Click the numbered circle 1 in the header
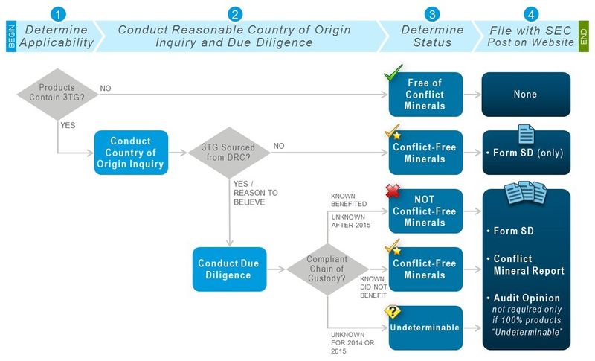click(x=58, y=14)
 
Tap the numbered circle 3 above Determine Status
click(x=432, y=14)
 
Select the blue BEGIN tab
click(x=11, y=36)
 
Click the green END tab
click(x=583, y=36)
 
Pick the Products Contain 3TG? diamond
click(x=57, y=94)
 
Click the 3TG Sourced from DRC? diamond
click(x=229, y=153)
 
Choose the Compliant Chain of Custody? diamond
click(x=327, y=269)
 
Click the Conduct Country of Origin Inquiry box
click(x=131, y=153)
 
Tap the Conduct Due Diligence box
click(x=229, y=269)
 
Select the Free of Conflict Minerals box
click(x=425, y=94)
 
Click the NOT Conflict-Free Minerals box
click(x=425, y=211)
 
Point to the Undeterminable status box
click(x=425, y=328)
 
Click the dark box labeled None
click(x=526, y=94)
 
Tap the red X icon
click(x=393, y=191)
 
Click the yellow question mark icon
click(x=393, y=312)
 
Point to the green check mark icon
click(x=393, y=73)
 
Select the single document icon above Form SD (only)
click(x=526, y=134)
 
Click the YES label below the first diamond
click(x=68, y=125)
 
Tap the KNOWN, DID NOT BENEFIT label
click(x=373, y=287)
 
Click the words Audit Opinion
click(x=527, y=298)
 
